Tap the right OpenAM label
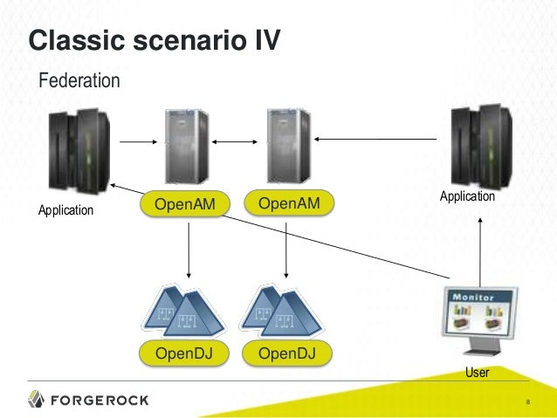[x=289, y=204]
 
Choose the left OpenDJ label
[x=184, y=353]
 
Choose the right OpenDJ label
[x=289, y=353]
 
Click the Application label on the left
[x=65, y=210]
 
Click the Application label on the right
[x=467, y=197]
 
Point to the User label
[x=477, y=373]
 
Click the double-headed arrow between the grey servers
[x=236, y=140]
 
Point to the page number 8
[x=528, y=402]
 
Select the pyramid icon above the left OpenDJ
[x=183, y=312]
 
